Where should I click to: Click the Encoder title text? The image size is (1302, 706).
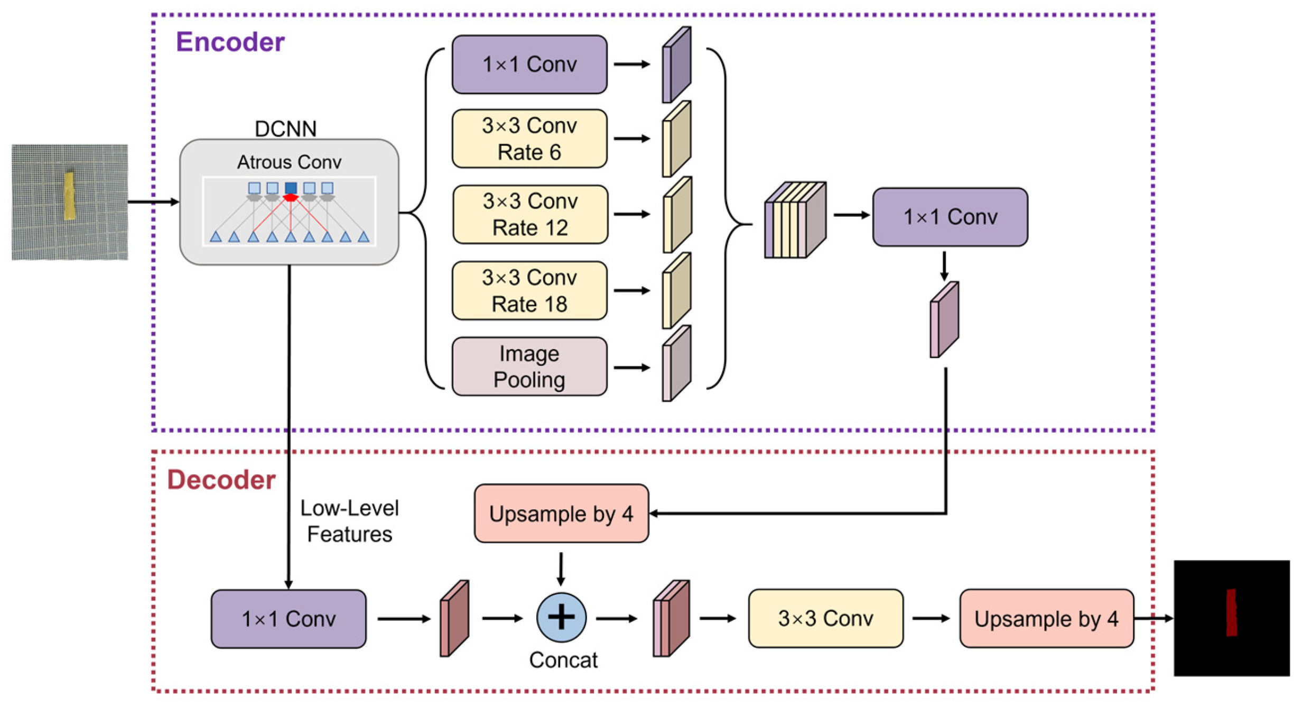click(x=230, y=42)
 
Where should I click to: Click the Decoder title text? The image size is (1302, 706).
click(x=221, y=480)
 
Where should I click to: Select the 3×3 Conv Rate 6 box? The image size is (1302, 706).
click(x=529, y=139)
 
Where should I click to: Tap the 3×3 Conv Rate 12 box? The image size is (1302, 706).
click(x=530, y=214)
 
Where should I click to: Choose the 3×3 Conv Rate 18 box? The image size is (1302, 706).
click(x=529, y=290)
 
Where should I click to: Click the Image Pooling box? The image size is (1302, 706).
click(x=529, y=366)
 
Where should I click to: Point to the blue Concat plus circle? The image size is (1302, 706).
click(x=561, y=617)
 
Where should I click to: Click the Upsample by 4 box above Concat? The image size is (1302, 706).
click(x=561, y=514)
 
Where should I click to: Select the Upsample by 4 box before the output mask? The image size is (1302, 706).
click(x=1046, y=618)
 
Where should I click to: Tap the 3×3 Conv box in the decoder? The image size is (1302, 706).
click(x=825, y=618)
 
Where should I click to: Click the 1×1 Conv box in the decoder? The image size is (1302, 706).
click(x=289, y=619)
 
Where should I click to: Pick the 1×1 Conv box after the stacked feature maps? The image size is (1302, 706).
click(x=950, y=217)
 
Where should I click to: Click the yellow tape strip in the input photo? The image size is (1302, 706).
click(x=70, y=195)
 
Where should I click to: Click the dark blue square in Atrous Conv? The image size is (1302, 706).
click(x=291, y=187)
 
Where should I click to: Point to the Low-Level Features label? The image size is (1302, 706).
click(x=349, y=521)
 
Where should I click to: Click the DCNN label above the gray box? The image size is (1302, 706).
click(x=285, y=129)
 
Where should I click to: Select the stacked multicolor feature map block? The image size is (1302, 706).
click(x=795, y=219)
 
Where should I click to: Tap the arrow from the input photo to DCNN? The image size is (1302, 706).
click(x=154, y=201)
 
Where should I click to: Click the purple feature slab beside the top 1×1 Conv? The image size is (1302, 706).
click(x=677, y=65)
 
